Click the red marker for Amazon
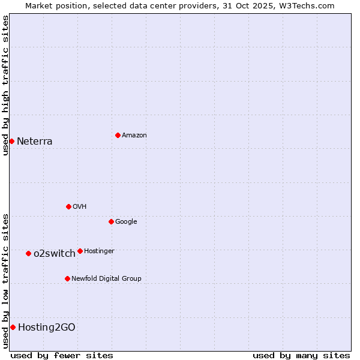pos(118,135)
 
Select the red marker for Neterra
pos(11,141)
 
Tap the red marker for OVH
pos(68,206)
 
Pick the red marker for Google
pos(111,221)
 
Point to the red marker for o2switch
pos(28,253)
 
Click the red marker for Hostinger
pos(80,251)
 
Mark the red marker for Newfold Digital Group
pos(67,278)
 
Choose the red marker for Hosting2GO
pos(13,327)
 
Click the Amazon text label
pos(134,136)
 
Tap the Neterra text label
pos(35,142)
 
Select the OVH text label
pos(80,207)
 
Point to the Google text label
pos(126,222)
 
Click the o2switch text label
pos(55,254)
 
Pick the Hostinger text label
pos(99,251)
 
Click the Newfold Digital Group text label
pos(106,279)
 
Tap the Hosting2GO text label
pos(47,328)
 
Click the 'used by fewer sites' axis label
pos(62,355)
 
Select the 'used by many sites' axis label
pos(301,355)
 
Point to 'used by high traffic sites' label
pos(5,85)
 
